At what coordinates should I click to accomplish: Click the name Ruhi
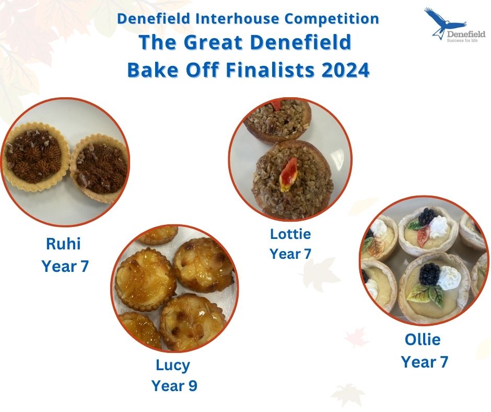point(63,244)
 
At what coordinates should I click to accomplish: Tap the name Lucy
point(173,365)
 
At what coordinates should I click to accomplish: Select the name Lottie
point(290,234)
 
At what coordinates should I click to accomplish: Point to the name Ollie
point(423,339)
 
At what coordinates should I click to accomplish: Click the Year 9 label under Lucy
point(174,386)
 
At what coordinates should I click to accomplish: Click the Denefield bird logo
point(445,22)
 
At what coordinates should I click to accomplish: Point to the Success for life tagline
point(462,40)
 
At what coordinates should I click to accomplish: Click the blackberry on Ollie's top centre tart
point(427,216)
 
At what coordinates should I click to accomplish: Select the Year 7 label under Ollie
point(425,362)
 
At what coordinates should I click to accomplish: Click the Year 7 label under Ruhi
point(65,266)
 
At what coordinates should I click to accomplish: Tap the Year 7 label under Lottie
point(290,254)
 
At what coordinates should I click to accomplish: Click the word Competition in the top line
point(332,19)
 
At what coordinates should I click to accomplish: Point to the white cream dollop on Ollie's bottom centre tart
point(449,278)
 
